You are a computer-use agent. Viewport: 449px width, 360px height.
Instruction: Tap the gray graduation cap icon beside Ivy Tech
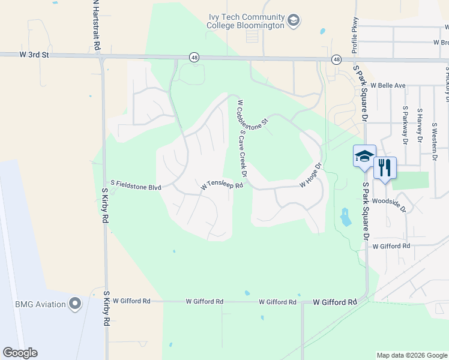click(x=294, y=22)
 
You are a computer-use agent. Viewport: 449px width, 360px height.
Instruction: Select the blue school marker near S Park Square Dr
click(x=364, y=157)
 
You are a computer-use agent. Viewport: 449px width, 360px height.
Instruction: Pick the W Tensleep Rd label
click(x=221, y=186)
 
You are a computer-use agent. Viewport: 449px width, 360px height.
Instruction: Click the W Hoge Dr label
click(x=310, y=175)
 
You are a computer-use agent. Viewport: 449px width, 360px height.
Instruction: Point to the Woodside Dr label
click(x=389, y=205)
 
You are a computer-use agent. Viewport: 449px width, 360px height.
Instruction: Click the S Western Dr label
click(x=434, y=138)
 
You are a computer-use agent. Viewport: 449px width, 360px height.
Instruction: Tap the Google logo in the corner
click(x=20, y=353)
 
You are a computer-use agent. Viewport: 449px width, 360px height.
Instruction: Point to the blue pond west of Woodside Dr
click(x=345, y=217)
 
